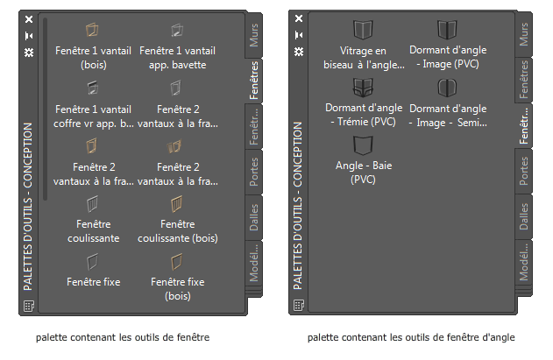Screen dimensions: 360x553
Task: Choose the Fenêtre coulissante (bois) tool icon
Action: [179, 203]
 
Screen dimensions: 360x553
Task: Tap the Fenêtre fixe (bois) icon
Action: [179, 261]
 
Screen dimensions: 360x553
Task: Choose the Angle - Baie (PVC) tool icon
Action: [362, 145]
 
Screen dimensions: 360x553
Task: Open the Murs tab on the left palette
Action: [253, 36]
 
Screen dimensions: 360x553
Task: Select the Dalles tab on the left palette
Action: [253, 215]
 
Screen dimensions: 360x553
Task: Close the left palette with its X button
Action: [29, 18]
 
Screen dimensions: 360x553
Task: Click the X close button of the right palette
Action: [299, 18]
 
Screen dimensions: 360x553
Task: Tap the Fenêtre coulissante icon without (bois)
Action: [93, 203]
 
